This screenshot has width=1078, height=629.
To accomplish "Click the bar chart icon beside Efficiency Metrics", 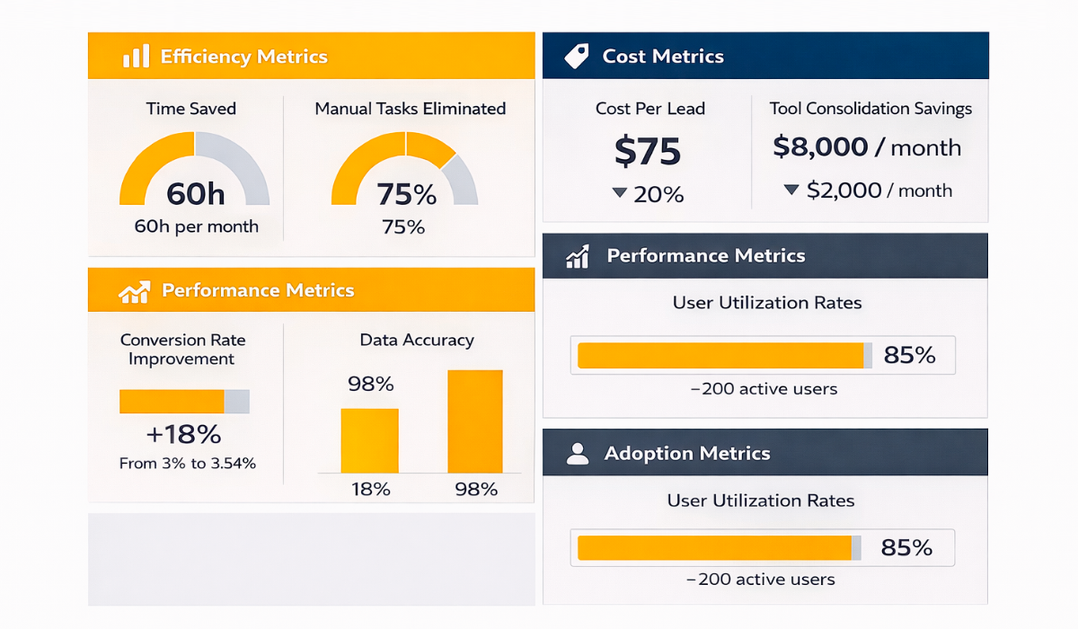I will click(x=136, y=57).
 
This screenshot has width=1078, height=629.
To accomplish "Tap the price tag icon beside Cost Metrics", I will click(x=576, y=57).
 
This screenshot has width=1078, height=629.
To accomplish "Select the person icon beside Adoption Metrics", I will click(x=578, y=453).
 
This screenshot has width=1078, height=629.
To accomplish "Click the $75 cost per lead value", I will click(x=648, y=151).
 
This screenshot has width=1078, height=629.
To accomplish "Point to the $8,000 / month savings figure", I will click(x=867, y=147).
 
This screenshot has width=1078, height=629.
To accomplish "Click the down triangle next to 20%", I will click(x=619, y=192).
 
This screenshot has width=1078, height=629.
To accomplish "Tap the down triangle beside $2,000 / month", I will click(x=791, y=190).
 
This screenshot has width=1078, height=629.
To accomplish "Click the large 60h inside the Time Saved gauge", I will click(x=195, y=193).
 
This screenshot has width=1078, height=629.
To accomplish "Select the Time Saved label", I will click(x=191, y=109).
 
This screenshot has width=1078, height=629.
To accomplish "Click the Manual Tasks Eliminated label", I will click(x=411, y=109).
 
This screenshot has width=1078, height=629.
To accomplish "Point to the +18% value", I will click(x=183, y=435).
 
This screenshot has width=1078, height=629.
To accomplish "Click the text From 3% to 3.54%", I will click(x=188, y=464).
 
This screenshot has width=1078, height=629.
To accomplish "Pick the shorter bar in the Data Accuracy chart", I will click(x=369, y=440).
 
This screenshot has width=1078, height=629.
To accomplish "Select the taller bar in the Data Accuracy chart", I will click(x=475, y=421).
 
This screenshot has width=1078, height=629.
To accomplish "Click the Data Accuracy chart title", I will click(x=417, y=340).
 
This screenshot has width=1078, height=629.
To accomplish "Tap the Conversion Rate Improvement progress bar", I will click(x=184, y=402).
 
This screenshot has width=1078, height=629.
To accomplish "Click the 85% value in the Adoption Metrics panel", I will click(x=906, y=547).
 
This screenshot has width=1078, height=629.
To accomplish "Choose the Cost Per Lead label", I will click(x=650, y=109).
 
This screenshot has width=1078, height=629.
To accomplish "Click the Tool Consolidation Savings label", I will click(x=870, y=109).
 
